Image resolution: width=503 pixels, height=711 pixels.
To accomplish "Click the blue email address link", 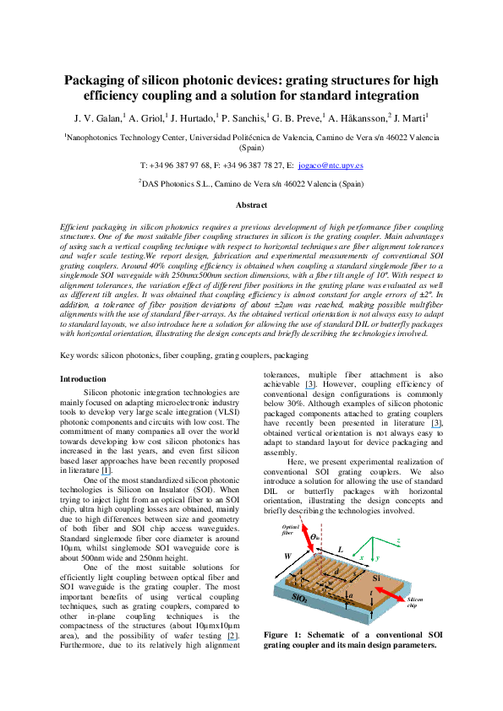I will click(331, 166).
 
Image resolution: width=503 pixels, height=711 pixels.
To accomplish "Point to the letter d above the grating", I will click(336, 571).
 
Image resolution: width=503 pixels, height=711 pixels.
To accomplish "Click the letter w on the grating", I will click(330, 583).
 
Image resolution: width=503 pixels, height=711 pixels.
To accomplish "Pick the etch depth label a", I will click(350, 594).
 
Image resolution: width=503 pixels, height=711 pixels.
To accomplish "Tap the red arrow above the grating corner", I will click(308, 538).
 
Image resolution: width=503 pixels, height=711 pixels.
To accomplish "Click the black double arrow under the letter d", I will click(336, 578).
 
